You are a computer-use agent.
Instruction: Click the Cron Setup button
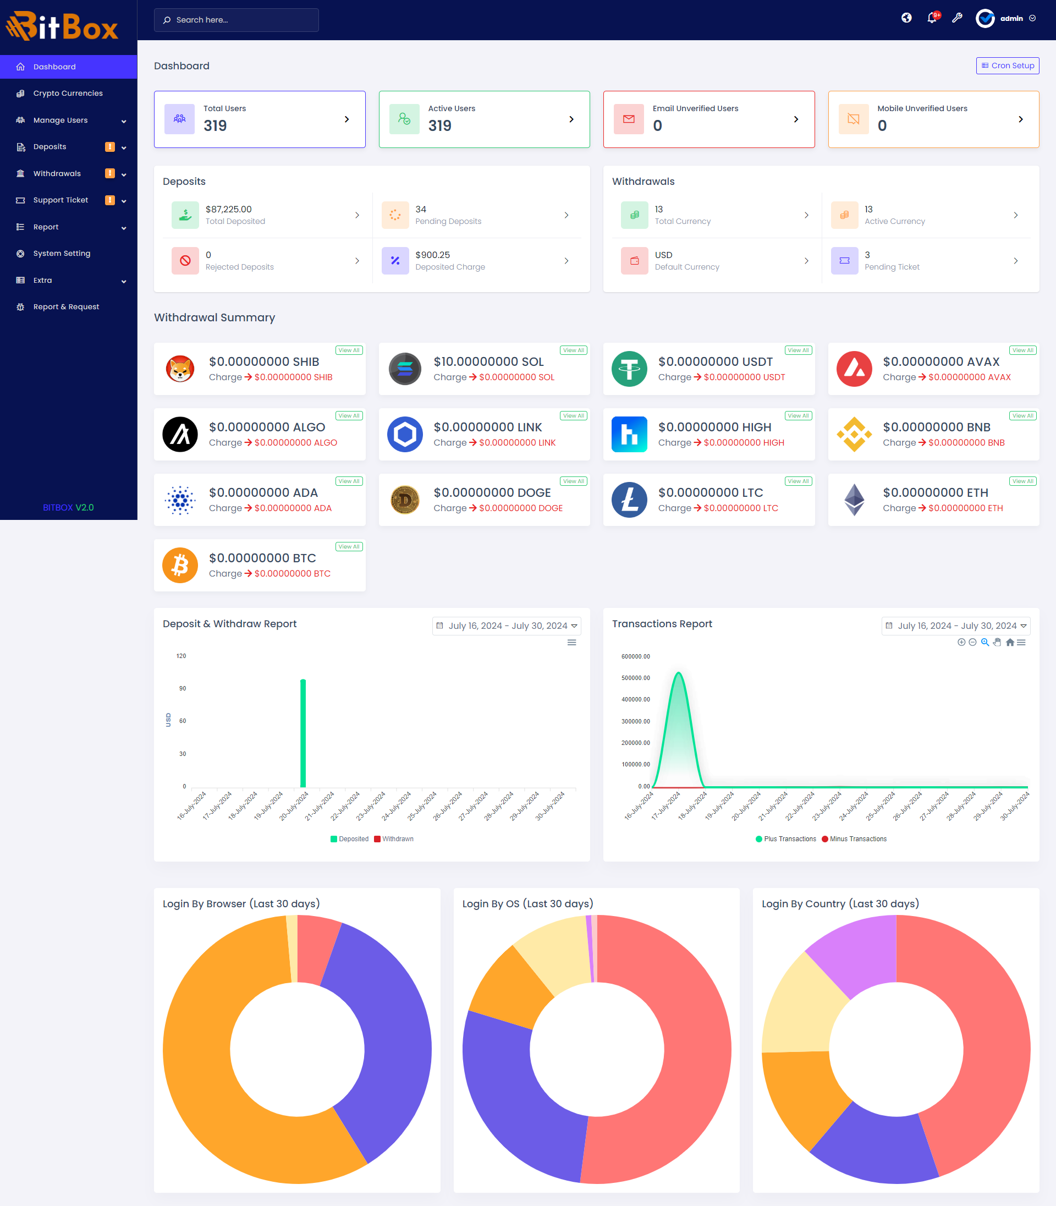(1007, 65)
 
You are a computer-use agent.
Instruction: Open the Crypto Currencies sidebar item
(68, 93)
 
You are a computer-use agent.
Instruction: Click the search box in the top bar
(237, 20)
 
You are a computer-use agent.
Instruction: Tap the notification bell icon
(932, 18)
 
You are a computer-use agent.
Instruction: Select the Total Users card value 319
(215, 125)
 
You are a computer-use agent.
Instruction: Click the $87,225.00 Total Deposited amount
(229, 209)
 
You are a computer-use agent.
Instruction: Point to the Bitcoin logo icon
(180, 565)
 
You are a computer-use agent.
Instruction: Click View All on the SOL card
(573, 350)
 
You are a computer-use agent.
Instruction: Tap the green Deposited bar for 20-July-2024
(303, 733)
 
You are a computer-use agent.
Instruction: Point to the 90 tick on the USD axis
(183, 688)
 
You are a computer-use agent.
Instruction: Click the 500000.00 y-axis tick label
(635, 678)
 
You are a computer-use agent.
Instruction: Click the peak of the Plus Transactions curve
(679, 673)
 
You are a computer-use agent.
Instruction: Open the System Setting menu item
(62, 254)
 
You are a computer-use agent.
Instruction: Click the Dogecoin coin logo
(405, 500)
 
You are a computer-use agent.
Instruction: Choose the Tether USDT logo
(629, 369)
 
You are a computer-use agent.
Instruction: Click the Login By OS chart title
(527, 903)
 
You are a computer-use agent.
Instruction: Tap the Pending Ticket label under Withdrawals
(892, 267)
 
